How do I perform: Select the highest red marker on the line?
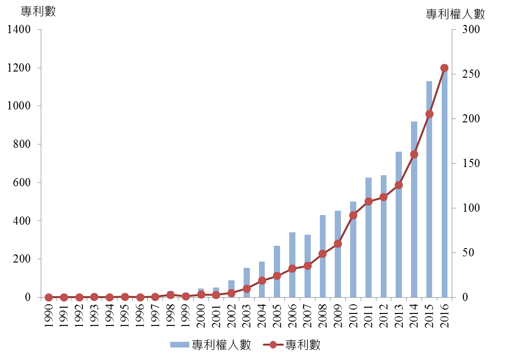(444, 68)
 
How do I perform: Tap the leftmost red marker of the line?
(48, 297)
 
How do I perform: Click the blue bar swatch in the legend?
(180, 344)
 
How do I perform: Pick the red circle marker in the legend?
(273, 344)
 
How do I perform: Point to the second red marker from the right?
(429, 114)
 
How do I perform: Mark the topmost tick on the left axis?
(39, 30)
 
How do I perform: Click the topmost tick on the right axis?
(453, 30)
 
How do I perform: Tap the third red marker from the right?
(414, 155)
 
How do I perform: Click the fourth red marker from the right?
(399, 185)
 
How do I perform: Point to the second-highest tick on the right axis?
(453, 74)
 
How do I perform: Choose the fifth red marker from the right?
(383, 197)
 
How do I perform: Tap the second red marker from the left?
(64, 297)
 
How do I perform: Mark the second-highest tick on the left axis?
(39, 68)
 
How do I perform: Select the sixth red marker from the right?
(368, 202)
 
